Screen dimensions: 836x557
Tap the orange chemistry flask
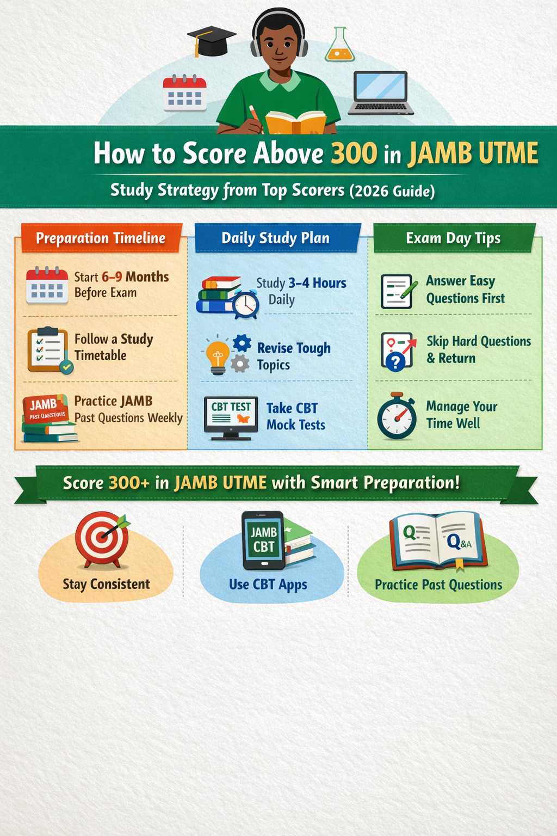click(339, 46)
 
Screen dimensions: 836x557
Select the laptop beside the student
click(381, 93)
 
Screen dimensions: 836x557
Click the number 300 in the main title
click(354, 153)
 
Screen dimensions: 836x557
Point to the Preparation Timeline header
click(101, 238)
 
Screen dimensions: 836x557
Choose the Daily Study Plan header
click(275, 238)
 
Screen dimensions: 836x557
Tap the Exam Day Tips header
click(453, 238)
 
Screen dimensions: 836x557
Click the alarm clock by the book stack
click(246, 305)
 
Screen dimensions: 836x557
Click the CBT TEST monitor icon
click(231, 417)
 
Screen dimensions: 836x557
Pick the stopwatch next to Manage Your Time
click(397, 417)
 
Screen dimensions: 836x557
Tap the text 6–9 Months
click(135, 277)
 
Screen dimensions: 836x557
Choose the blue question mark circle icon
click(395, 361)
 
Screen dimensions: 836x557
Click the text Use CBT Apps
click(268, 585)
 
